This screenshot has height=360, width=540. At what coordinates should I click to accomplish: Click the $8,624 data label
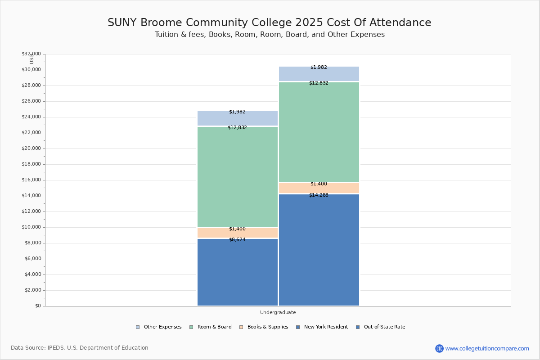coord(237,239)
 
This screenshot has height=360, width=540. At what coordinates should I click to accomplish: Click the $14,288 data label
coord(319,195)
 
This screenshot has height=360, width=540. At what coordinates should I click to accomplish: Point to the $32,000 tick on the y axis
coord(31,54)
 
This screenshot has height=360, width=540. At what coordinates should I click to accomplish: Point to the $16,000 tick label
coord(31,180)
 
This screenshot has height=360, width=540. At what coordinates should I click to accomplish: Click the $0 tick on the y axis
coord(38,306)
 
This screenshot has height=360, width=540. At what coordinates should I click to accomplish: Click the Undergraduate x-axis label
coord(278,312)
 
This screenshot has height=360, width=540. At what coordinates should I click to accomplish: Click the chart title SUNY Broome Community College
coord(269,22)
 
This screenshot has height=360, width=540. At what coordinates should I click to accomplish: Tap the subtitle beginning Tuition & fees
coord(269,35)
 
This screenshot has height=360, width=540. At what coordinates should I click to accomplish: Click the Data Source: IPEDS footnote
coord(80,348)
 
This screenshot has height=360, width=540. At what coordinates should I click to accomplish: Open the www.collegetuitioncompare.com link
coord(487,348)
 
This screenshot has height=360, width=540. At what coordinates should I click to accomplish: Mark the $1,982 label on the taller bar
coord(319,67)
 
